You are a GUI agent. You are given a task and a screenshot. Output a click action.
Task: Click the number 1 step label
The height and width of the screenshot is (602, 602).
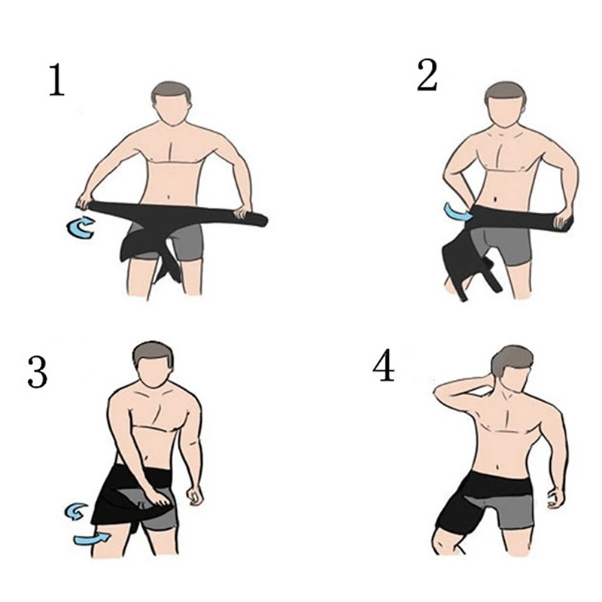click(56, 81)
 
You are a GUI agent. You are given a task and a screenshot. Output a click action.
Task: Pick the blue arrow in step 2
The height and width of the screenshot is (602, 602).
click(457, 212)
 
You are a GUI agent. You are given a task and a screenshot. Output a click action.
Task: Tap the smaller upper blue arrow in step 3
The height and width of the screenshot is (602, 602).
click(74, 512)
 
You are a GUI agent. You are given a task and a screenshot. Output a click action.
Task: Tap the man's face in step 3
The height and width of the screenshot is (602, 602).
click(156, 373)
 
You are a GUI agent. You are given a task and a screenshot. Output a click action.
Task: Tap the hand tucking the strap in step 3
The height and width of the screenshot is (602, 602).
click(160, 497)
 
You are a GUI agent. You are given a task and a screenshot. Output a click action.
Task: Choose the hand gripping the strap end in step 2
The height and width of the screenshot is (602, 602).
click(561, 218)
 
